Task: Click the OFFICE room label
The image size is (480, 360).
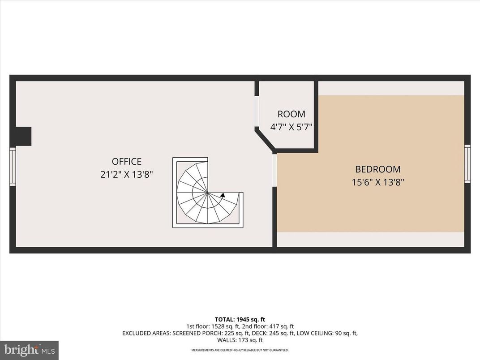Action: (x=127, y=162)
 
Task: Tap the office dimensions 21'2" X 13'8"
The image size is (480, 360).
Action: (x=127, y=175)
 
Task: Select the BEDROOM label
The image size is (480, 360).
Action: (x=377, y=169)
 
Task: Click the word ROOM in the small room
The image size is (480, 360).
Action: (x=291, y=114)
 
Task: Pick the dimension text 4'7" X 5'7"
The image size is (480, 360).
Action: (x=291, y=127)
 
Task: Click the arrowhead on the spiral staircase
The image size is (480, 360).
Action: (x=223, y=195)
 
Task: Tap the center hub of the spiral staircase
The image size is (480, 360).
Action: (x=207, y=193)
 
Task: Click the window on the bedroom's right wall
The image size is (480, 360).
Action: (x=467, y=163)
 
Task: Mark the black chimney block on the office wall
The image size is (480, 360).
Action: (x=23, y=136)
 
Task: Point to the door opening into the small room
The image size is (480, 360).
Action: (x=257, y=112)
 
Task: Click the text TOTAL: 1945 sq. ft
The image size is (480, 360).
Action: (x=240, y=319)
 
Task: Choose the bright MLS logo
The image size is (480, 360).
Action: (x=29, y=349)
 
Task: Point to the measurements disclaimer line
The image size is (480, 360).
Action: (x=240, y=350)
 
